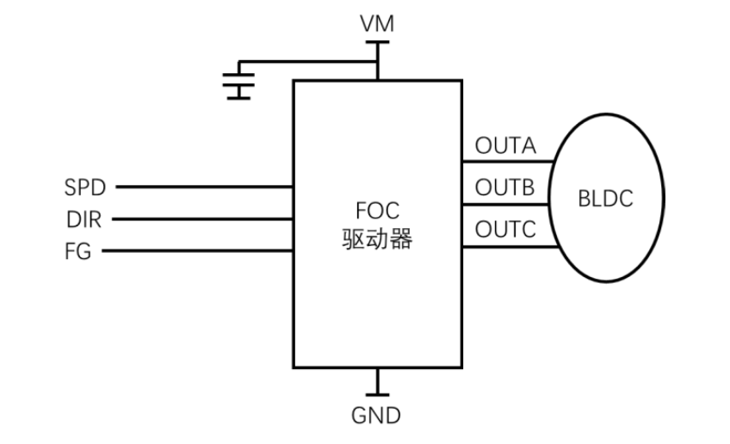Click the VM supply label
(377, 25)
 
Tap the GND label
(376, 416)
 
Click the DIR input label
(84, 219)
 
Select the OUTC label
(505, 231)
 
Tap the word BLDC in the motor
(606, 200)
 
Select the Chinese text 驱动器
(377, 239)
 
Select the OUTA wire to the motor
(508, 161)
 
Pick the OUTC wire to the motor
(508, 247)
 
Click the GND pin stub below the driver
(376, 380)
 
